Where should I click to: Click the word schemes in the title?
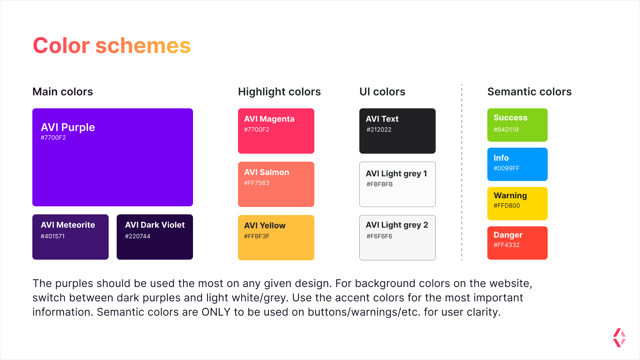[143, 46]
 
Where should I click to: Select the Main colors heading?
[63, 92]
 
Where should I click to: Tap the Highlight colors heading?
[279, 92]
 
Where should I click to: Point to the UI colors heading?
[382, 92]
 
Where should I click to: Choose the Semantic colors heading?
[529, 92]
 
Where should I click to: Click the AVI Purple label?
[68, 127]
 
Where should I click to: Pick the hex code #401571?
[53, 236]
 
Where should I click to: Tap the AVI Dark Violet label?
[155, 225]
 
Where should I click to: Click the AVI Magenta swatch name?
[269, 119]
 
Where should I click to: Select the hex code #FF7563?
[257, 183]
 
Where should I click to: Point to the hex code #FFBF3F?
[257, 236]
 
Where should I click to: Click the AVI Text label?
[382, 119]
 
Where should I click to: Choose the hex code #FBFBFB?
[380, 184]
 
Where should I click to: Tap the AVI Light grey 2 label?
[397, 225]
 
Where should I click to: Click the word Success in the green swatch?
[510, 118]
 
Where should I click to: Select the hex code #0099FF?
[506, 168]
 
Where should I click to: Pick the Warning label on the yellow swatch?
[510, 196]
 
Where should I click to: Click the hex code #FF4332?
[507, 245]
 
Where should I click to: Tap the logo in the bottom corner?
[619, 338]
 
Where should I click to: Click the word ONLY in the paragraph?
[216, 312]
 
